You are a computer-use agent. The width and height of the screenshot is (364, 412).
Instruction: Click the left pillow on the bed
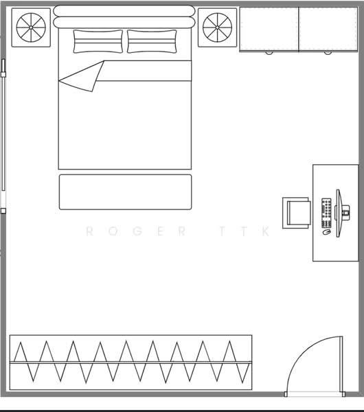[98, 41]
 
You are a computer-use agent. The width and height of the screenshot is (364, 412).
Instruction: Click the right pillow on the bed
[152, 41]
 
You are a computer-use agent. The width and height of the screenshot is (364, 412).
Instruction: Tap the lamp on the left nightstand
[31, 27]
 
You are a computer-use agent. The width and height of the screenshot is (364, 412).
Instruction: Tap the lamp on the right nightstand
[217, 27]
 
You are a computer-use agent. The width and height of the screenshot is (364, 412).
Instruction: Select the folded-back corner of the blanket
[83, 76]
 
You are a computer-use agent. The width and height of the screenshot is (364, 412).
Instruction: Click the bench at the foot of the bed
[126, 192]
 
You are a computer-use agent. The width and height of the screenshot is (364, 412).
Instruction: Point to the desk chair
[297, 213]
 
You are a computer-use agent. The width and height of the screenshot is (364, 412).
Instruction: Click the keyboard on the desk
[326, 213]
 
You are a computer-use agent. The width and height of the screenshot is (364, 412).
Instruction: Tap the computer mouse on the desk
[326, 232]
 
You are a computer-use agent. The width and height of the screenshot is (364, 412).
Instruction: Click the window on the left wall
[3, 136]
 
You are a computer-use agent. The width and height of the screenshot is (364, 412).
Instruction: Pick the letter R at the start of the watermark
[89, 231]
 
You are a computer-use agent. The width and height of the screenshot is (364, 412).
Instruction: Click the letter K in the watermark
[266, 231]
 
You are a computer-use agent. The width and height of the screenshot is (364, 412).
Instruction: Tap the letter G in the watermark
[138, 231]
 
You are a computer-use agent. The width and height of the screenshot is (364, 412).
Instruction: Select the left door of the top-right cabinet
[269, 29]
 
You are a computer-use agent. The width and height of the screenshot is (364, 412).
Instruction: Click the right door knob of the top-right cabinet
[328, 53]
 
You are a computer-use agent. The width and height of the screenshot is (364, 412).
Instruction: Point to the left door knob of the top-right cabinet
[269, 53]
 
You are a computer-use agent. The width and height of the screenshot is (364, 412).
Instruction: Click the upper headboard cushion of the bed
[124, 11]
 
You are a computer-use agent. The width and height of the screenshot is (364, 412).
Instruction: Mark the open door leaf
[341, 365]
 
